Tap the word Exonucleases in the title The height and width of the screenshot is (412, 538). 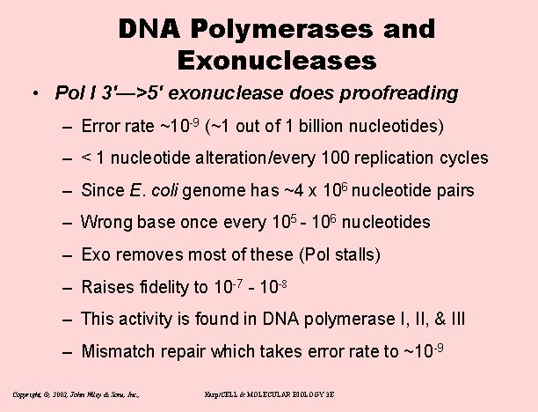pos(276,61)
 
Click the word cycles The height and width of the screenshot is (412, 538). pos(463,158)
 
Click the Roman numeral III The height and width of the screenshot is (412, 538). pos(455,320)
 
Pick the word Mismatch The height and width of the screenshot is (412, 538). pos(115,352)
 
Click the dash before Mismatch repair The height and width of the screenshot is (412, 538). pos(67,352)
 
